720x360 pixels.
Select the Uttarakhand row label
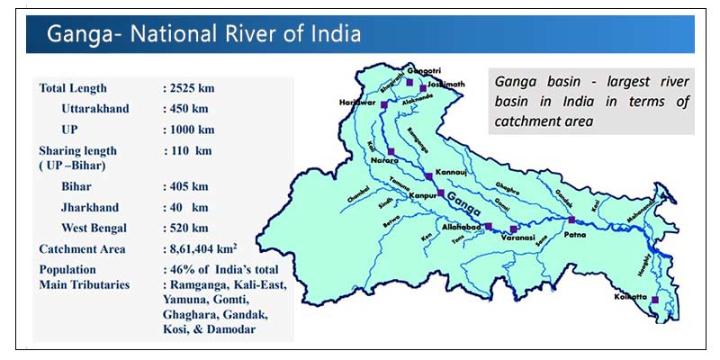95,109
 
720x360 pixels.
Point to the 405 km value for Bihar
184,186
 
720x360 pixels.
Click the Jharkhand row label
92,207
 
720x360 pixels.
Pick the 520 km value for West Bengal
184,228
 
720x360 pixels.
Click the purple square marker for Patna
571,219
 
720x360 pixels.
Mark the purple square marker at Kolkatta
654,300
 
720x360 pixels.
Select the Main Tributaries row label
85,284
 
